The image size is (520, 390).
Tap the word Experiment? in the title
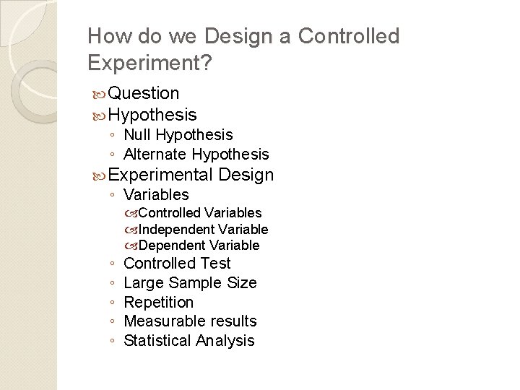point(149,64)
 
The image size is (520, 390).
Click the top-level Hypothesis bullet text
point(155,114)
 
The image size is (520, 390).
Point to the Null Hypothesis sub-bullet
point(178,135)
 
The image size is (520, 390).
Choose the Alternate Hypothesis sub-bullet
point(196,154)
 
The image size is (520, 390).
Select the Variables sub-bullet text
point(156,195)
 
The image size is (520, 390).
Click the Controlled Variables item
point(199,213)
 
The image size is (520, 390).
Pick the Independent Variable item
point(203,230)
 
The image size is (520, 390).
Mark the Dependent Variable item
point(199,246)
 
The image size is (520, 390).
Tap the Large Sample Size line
point(190,283)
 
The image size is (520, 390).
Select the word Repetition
point(159,302)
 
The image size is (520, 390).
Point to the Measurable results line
point(190,321)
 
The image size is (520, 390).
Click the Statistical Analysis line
point(189,340)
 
